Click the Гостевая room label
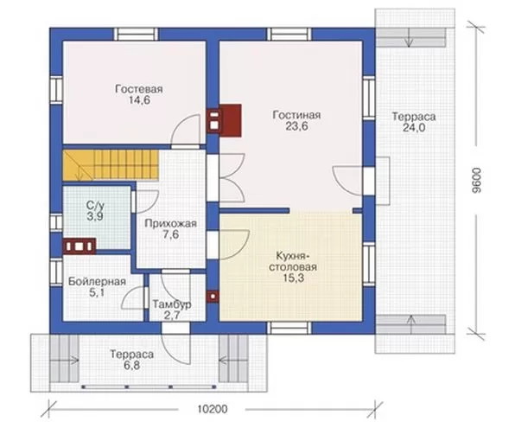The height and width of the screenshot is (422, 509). coord(139,89)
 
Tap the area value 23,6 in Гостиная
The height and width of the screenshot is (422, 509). coord(296,126)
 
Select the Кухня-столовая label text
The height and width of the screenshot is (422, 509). coord(293,261)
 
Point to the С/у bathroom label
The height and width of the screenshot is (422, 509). coord(95,205)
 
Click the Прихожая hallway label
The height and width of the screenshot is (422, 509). coord(171,223)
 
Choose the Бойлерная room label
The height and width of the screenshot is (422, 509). coord(97,281)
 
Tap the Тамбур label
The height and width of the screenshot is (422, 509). coord(172,304)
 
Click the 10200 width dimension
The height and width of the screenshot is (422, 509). coord(213,409)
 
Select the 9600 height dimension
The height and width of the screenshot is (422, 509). coord(476,181)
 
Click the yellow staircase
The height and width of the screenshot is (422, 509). coord(111,164)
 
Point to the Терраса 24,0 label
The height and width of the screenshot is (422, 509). coord(414,122)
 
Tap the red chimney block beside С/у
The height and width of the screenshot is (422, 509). coord(80,246)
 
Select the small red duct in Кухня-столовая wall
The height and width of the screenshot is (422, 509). coord(213,297)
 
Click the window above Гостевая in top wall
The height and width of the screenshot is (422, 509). coord(137,35)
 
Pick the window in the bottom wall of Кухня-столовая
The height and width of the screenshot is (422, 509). coord(289,328)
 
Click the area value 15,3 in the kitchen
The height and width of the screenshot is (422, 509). coord(293,278)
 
